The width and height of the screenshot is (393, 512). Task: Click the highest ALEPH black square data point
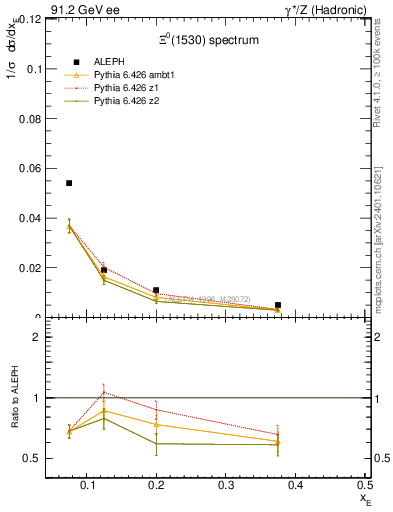coord(69,183)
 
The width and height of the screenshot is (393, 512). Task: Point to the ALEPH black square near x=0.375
coord(277,305)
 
